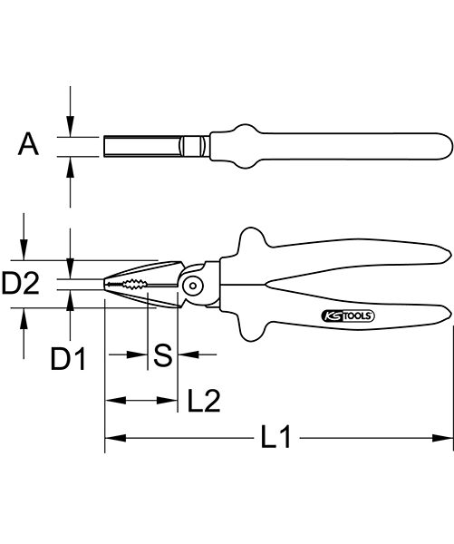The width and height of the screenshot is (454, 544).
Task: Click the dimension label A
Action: click(28, 144)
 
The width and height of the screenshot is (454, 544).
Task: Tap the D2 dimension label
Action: click(20, 283)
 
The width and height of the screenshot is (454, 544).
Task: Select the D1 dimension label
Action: click(68, 358)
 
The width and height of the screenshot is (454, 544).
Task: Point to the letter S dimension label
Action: click(163, 355)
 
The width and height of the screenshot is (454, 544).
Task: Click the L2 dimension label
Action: click(204, 401)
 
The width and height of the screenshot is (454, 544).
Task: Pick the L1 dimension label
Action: click(275, 436)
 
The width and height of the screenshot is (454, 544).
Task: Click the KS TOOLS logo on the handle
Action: click(348, 316)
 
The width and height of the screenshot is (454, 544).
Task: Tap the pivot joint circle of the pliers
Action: click(193, 286)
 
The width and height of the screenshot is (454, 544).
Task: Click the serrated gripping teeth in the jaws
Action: click(134, 285)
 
